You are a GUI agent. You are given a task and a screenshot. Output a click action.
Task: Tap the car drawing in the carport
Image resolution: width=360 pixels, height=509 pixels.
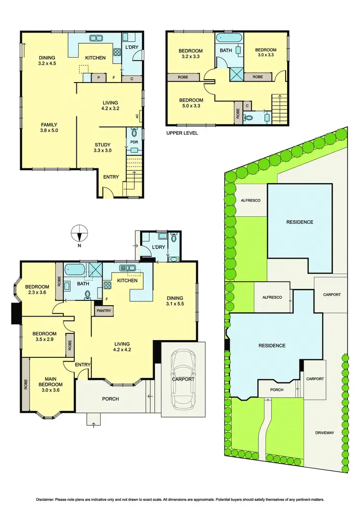coord(183,379)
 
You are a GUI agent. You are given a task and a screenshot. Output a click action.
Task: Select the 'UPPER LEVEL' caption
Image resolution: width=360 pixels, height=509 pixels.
coord(181,133)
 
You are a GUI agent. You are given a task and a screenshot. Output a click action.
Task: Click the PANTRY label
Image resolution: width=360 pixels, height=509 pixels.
coord(103,311)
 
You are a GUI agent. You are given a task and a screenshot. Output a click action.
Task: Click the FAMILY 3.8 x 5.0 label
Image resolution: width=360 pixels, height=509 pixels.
coord(48,127)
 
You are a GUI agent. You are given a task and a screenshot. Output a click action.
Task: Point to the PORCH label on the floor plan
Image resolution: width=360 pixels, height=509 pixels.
coord(110,399)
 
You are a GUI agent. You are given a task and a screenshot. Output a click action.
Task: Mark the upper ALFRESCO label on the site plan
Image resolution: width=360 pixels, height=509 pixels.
coord(250,200)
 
